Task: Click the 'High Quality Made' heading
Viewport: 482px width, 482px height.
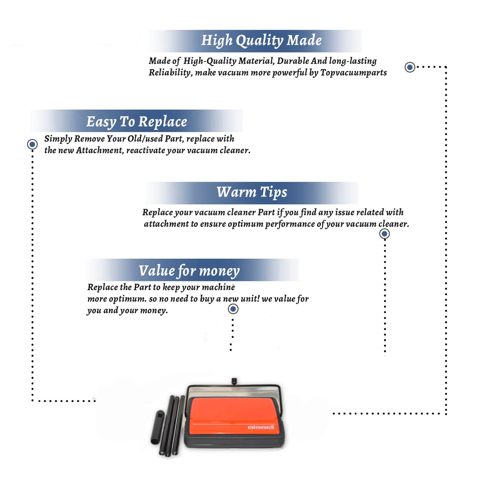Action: pos(261,41)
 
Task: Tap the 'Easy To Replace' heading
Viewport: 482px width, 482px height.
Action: pos(137,122)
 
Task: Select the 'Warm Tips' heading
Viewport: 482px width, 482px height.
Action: pos(252,192)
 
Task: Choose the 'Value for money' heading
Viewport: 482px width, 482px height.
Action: pos(189,271)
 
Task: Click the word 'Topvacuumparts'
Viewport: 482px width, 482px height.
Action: pos(353,73)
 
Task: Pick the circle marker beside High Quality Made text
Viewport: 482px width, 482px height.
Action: pos(410,67)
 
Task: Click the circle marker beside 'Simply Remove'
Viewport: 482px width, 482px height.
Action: pos(32,144)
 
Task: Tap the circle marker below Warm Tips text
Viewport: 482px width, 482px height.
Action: pos(385,234)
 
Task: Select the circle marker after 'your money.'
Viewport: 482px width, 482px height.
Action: pos(233,309)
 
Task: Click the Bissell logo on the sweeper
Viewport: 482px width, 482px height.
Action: pos(261,427)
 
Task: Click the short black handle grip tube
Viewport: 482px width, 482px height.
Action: pos(157,427)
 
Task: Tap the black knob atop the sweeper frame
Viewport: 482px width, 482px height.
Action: pos(234,381)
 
